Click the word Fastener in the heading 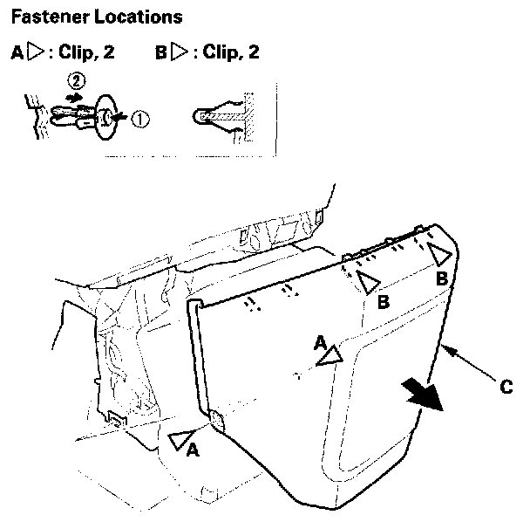[x=45, y=17]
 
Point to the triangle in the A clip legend [x=35, y=52]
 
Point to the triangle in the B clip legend [x=180, y=52]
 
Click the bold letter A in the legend [x=17, y=52]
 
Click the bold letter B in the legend [x=161, y=52]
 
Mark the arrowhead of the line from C [x=445, y=350]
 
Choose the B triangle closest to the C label [x=438, y=256]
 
